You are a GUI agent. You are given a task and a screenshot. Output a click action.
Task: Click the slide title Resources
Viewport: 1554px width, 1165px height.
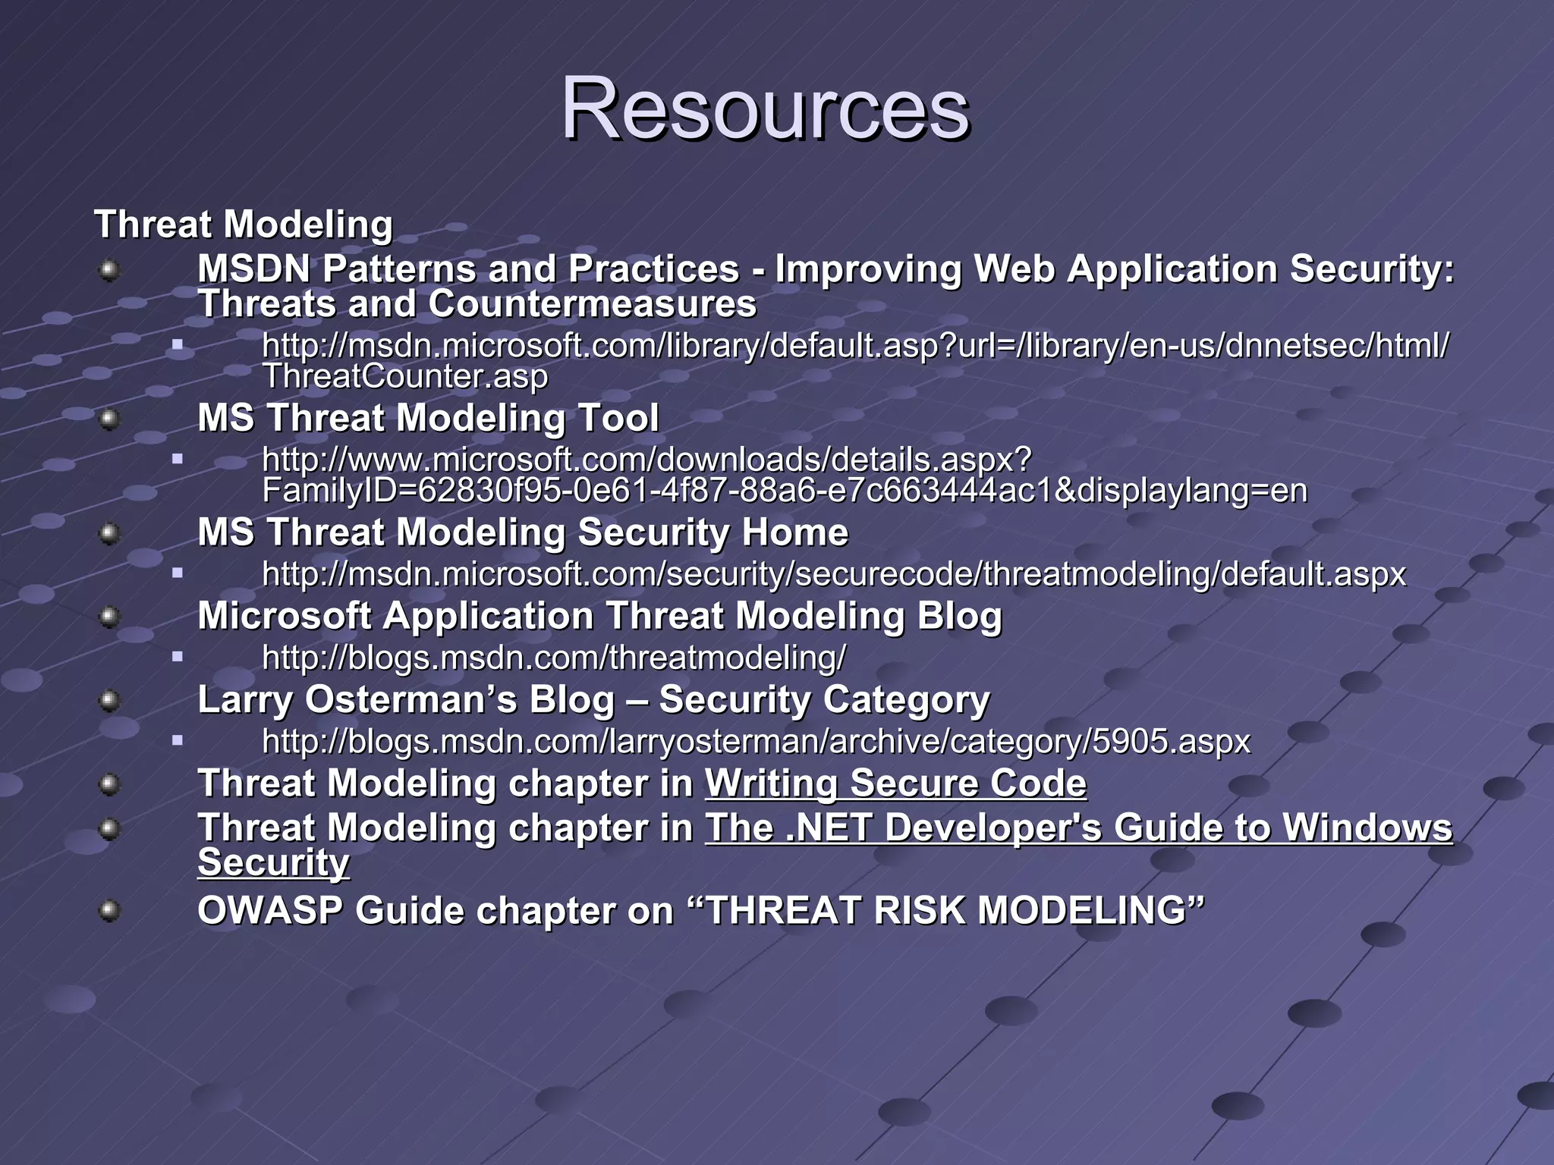765,110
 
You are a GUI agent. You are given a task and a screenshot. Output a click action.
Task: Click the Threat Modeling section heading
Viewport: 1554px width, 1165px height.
243,225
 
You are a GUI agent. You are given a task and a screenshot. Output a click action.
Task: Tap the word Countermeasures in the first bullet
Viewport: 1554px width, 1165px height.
592,304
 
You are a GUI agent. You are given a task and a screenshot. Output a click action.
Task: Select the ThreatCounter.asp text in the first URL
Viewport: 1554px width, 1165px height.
404,377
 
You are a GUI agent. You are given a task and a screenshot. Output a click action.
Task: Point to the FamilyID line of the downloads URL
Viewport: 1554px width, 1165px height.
784,491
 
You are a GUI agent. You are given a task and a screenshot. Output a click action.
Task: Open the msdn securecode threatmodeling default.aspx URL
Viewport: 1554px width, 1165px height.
833,574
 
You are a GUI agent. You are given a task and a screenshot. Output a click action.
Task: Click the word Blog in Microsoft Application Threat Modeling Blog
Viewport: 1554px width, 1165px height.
959,615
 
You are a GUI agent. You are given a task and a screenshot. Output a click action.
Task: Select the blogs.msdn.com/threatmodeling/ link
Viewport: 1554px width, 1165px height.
553,658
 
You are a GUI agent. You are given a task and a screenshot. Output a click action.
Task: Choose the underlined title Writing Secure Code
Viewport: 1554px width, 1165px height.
895,783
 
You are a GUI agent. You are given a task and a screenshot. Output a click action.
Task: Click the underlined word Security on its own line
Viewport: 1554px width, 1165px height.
273,863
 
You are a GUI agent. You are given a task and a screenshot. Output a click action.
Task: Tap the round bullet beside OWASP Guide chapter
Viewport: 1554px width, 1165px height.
110,910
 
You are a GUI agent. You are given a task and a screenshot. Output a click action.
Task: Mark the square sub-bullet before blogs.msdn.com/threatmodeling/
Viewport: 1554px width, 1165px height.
178,657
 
